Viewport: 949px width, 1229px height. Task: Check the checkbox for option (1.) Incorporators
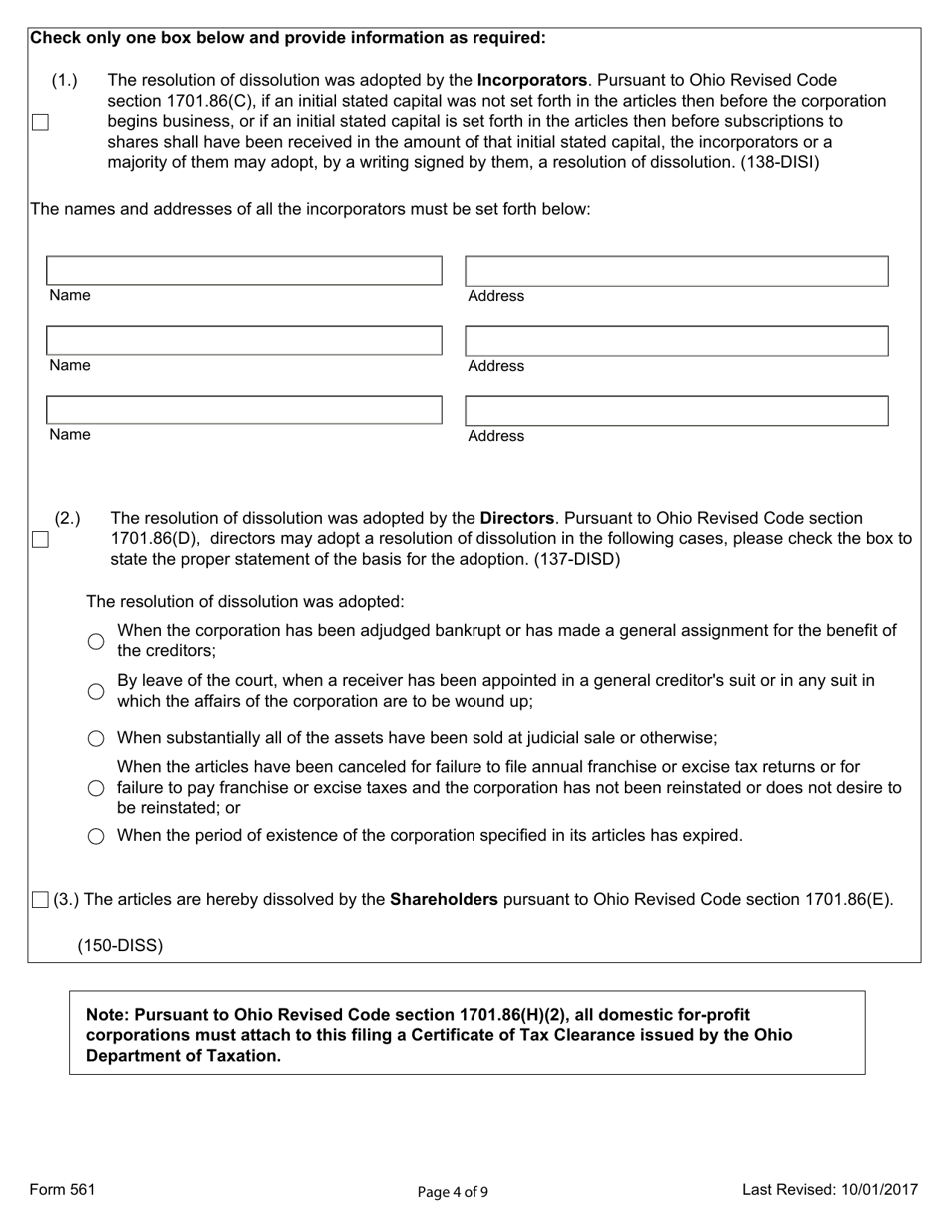coord(40,122)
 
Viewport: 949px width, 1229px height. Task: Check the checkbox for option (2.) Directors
coord(40,539)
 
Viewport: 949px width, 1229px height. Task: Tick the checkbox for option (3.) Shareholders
coord(40,900)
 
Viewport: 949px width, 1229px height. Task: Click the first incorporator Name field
coord(244,270)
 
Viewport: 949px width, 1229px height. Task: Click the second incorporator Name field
coord(244,340)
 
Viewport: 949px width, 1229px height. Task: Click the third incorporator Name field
coord(244,410)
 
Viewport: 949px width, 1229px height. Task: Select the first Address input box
coord(676,271)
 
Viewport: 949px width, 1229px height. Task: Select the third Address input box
coord(676,411)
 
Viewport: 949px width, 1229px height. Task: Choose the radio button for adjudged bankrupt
coord(96,641)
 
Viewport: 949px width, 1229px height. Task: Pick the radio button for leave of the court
coord(96,691)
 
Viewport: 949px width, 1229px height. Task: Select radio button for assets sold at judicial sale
coord(96,739)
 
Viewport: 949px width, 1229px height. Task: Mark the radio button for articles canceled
coord(96,788)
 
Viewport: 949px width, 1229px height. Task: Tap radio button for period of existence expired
coord(96,836)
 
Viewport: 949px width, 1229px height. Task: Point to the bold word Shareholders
coord(444,899)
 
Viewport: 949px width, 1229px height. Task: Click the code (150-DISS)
coord(120,945)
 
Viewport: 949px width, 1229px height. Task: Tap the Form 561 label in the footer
coord(63,1189)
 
